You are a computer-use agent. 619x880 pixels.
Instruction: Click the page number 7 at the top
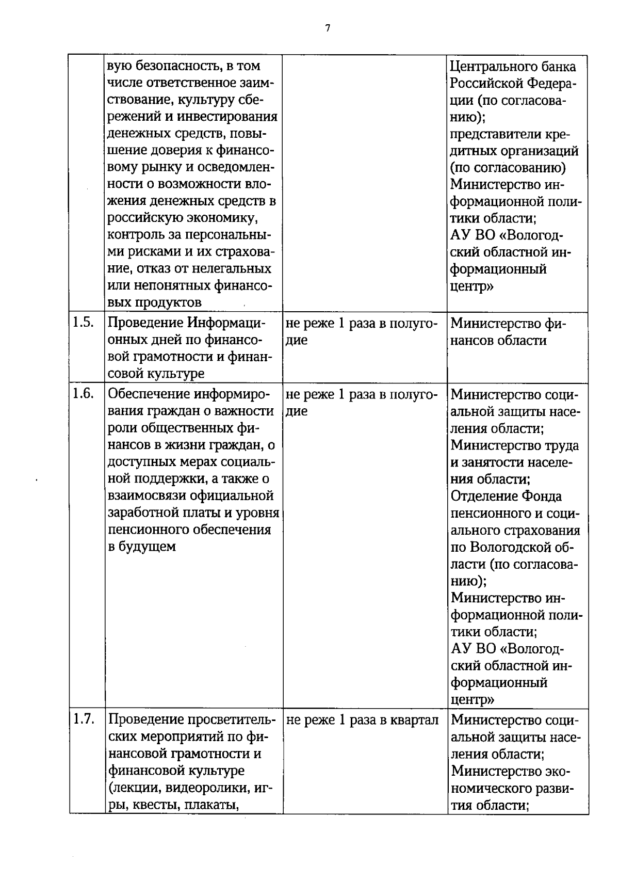[x=328, y=28]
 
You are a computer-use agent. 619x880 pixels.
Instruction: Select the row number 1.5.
[x=83, y=323]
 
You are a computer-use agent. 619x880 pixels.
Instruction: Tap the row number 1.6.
[x=83, y=394]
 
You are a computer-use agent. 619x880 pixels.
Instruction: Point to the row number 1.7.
[x=83, y=719]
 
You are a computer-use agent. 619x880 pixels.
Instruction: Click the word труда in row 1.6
[x=561, y=445]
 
